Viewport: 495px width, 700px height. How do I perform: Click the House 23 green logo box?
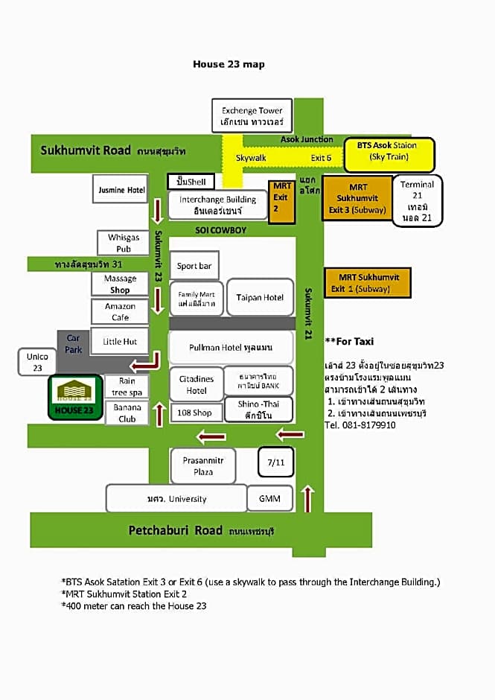(75, 398)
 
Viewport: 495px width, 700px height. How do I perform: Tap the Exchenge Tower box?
(252, 115)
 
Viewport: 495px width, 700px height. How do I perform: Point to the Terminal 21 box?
(417, 200)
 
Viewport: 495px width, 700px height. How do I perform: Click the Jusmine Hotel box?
(122, 190)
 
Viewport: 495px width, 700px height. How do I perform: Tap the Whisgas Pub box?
(124, 243)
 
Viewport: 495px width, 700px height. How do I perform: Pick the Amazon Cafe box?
(121, 311)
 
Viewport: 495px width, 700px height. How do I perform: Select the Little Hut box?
(120, 341)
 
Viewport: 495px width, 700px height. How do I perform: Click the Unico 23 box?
(38, 362)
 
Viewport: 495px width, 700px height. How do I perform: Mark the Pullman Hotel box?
(231, 348)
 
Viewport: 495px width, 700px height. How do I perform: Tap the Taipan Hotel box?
(260, 297)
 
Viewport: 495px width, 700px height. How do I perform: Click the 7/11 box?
(275, 462)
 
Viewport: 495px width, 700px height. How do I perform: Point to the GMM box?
(269, 498)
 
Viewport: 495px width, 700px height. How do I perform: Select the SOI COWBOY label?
(220, 230)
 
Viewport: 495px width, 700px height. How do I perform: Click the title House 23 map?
(229, 64)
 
